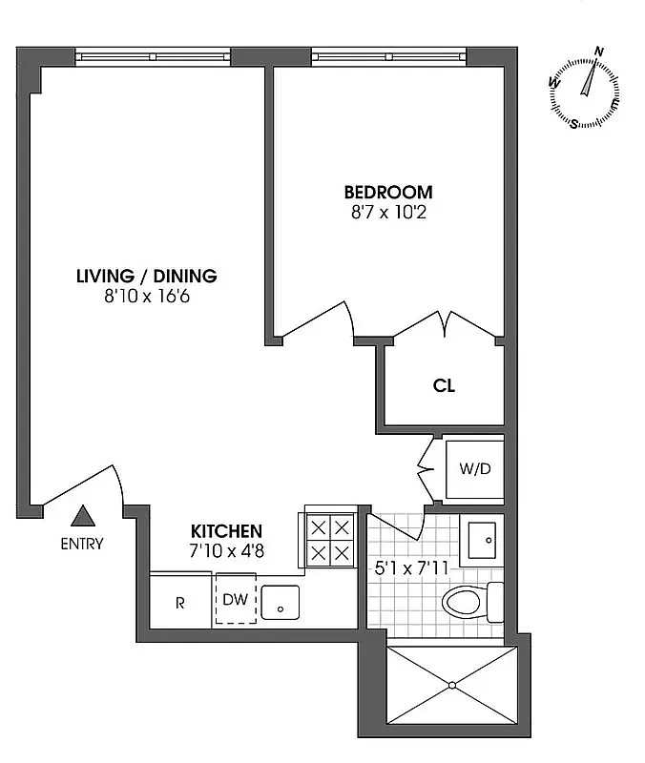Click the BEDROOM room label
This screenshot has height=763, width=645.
[387, 192]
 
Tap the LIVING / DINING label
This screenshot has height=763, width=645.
[147, 277]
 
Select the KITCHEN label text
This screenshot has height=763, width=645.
[226, 531]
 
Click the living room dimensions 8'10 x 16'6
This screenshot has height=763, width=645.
[147, 297]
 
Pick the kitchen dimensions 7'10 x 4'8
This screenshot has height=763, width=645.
[226, 550]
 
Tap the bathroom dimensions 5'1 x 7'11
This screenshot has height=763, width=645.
[410, 570]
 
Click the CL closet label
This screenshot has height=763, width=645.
[444, 386]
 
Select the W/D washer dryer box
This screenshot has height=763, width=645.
[473, 469]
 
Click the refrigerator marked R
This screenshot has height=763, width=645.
[180, 603]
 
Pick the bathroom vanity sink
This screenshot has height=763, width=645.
[482, 541]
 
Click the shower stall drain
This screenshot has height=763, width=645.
[451, 684]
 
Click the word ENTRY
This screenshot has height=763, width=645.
[82, 545]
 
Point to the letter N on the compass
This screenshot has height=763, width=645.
[599, 52]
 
